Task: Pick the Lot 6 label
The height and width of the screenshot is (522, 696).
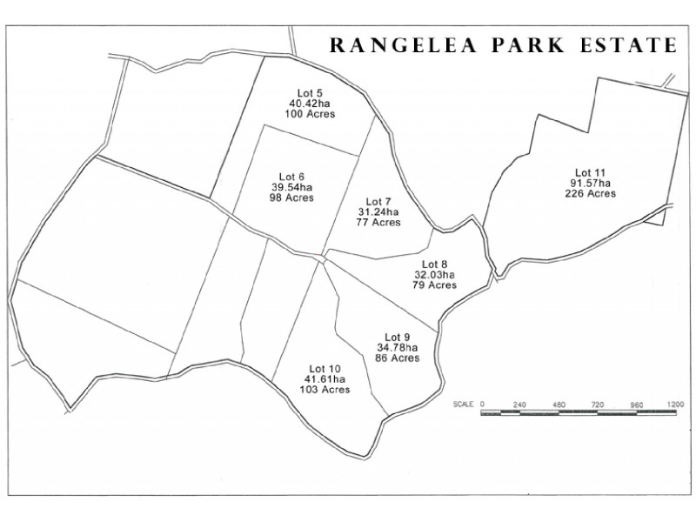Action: pyautogui.click(x=292, y=177)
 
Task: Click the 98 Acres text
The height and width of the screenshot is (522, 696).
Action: pyautogui.click(x=292, y=197)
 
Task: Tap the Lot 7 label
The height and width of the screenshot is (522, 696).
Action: pyautogui.click(x=378, y=201)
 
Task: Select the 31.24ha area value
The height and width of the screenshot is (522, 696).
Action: pyautogui.click(x=378, y=211)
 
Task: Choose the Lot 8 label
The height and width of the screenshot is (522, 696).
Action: pyautogui.click(x=434, y=264)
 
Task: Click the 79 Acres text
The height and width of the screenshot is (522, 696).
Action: pyautogui.click(x=434, y=285)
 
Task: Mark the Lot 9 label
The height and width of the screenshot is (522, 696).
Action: pyautogui.click(x=397, y=338)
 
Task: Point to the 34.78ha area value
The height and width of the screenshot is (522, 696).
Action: pyautogui.click(x=397, y=348)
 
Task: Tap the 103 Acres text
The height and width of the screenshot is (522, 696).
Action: pyautogui.click(x=325, y=390)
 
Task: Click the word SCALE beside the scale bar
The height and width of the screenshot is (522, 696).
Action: pyautogui.click(x=463, y=405)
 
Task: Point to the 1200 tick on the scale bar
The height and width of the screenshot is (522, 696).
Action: pyautogui.click(x=675, y=405)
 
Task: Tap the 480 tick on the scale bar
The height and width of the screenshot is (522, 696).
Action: pyautogui.click(x=559, y=405)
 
